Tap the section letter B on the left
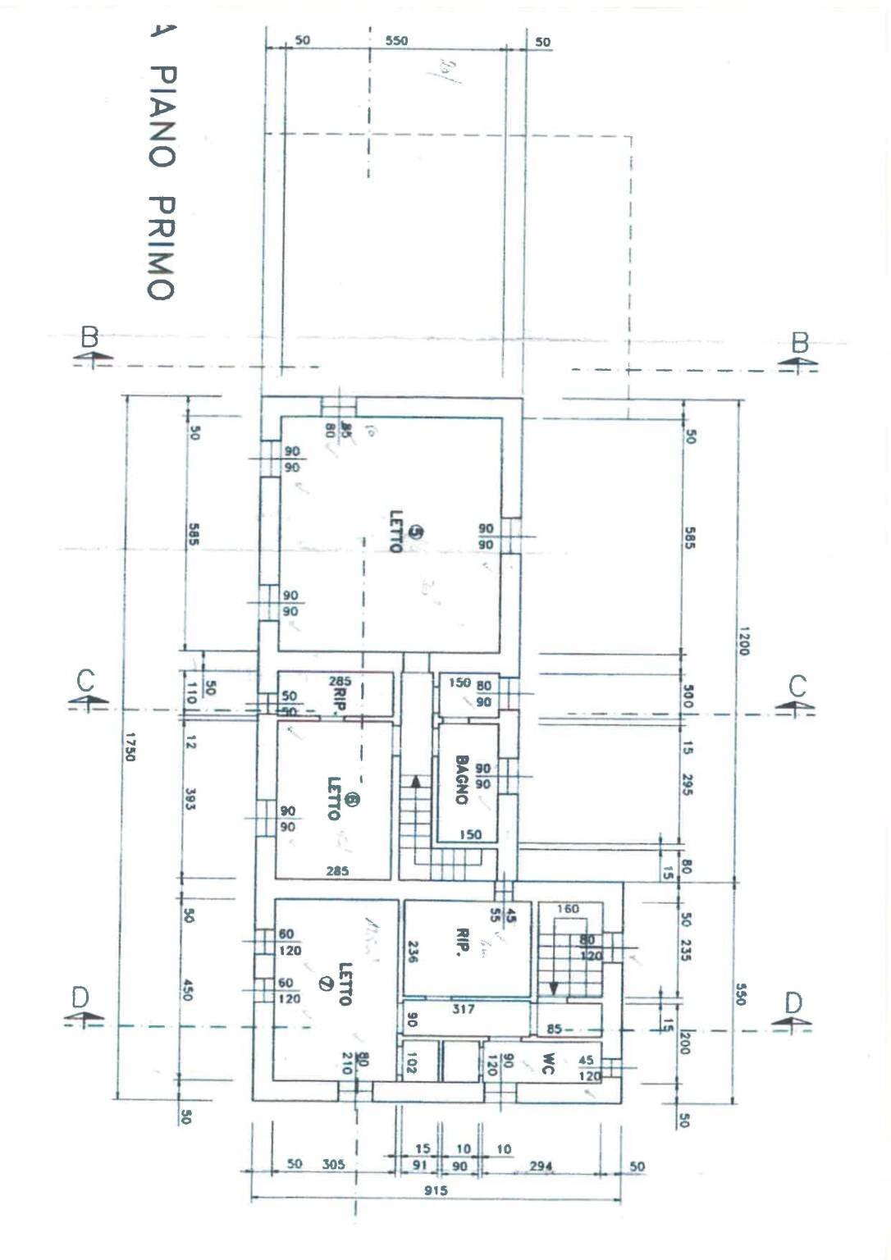[89, 337]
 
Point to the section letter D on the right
[793, 1002]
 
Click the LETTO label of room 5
[396, 532]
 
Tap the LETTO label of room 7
[345, 984]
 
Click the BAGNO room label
[461, 780]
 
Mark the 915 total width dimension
[436, 1190]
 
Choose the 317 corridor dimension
[464, 1009]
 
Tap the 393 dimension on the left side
[190, 800]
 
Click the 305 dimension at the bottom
[333, 1164]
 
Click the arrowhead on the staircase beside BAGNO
[416, 781]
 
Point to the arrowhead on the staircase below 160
[554, 988]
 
